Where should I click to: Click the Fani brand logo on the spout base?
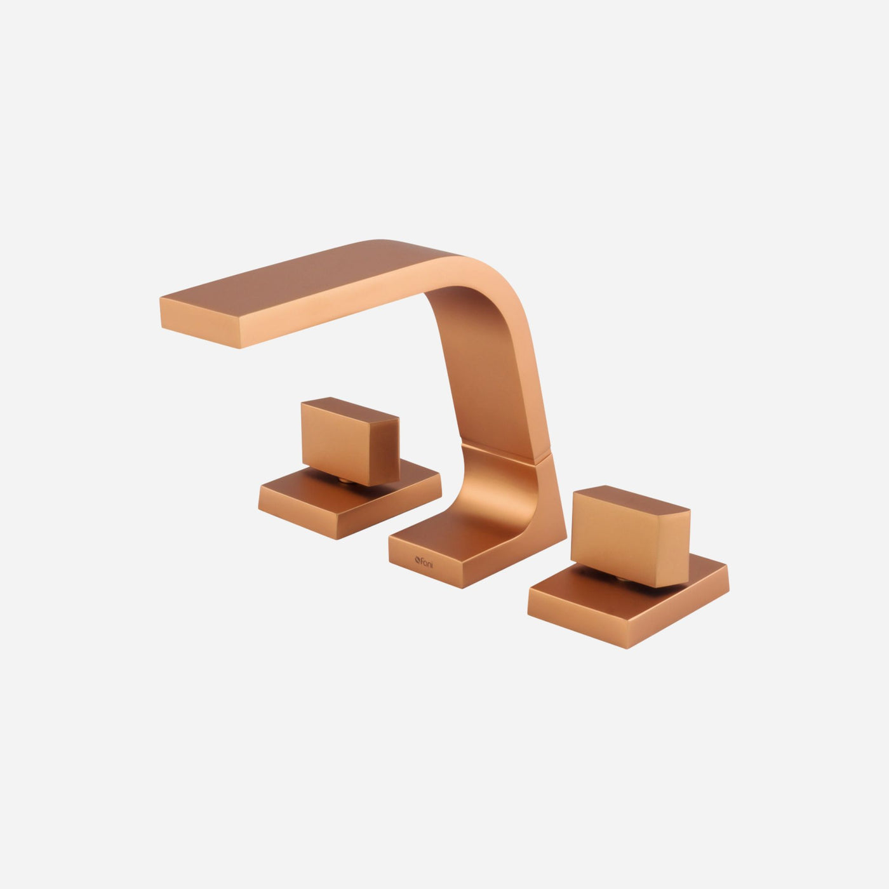(424, 562)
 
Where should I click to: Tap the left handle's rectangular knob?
(350, 441)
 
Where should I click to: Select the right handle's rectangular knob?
(630, 535)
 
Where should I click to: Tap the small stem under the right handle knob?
(621, 578)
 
